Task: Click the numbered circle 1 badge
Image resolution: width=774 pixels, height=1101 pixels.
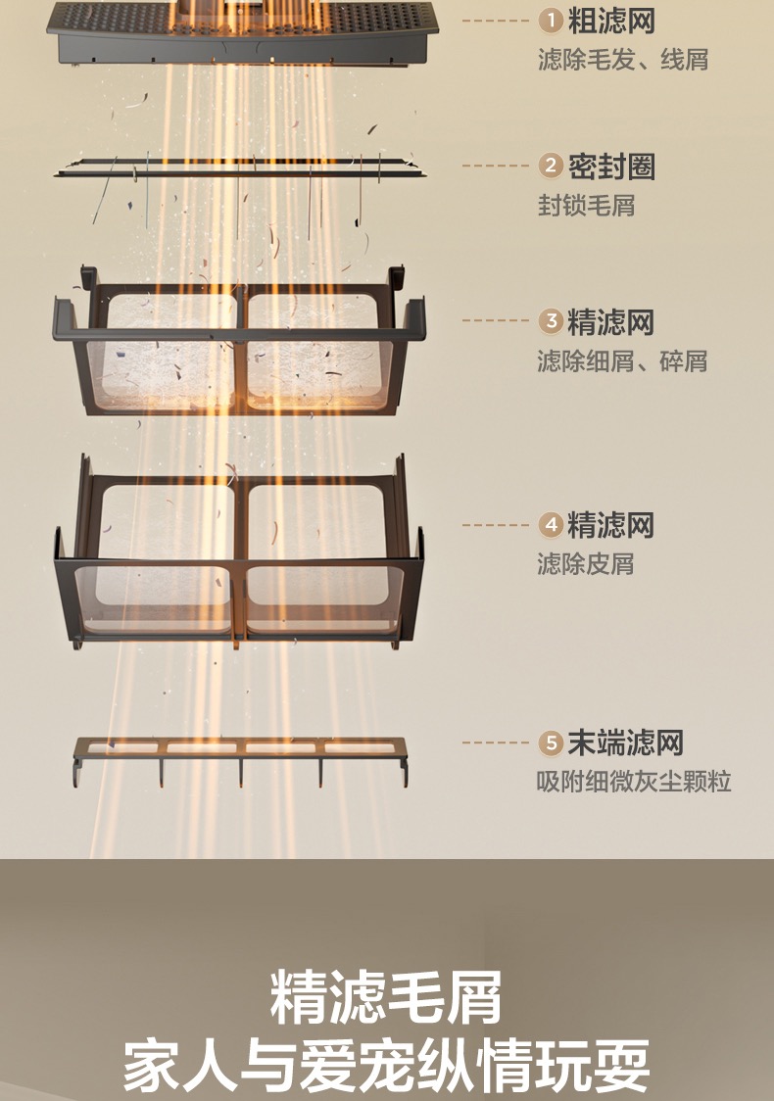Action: pos(552,21)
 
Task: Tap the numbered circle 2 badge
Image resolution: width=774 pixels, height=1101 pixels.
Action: pos(552,166)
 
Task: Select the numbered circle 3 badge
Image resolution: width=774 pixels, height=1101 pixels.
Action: pos(552,321)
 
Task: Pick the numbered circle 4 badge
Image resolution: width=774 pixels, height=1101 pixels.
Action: pos(552,524)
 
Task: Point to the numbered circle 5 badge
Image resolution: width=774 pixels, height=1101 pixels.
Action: pos(552,742)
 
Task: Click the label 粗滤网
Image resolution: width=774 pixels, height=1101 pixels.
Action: pos(611,21)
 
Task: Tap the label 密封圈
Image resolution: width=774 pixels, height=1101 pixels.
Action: pos(611,167)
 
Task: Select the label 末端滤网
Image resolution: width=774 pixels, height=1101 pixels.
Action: pos(626,742)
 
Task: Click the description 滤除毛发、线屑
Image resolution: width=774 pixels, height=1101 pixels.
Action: pos(623,60)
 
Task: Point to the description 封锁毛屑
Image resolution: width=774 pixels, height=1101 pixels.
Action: pos(587,206)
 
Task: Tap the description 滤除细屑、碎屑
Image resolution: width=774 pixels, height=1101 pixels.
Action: pos(622,361)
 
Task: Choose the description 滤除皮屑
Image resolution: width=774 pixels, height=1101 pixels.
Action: pos(586,564)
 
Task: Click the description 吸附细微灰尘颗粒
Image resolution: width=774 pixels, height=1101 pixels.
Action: pos(634,782)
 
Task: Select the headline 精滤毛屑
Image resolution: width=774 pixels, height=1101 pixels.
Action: pos(386,997)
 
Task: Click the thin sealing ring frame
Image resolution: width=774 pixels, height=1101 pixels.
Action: pos(240,168)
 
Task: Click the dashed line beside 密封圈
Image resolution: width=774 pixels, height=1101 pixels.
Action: pos(495,166)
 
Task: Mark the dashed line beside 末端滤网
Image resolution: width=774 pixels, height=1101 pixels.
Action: pos(495,742)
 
